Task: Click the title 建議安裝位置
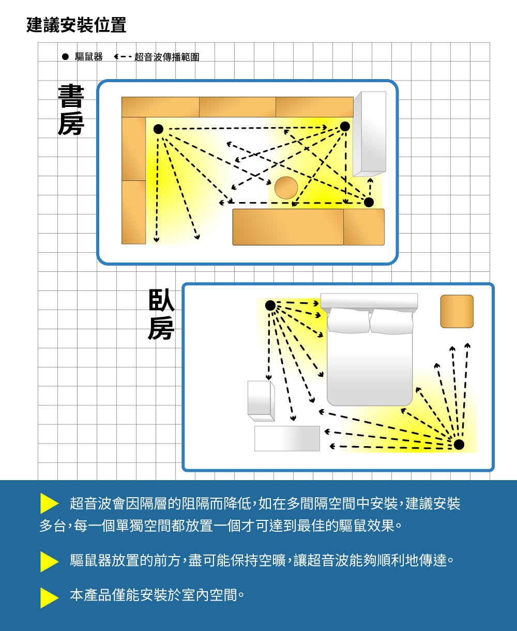(x=76, y=25)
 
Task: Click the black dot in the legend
(x=65, y=56)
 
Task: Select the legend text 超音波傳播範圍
(x=166, y=57)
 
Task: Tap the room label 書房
(x=71, y=110)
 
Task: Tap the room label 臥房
(x=161, y=314)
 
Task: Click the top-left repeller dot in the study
(x=158, y=129)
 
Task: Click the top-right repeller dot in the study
(x=345, y=127)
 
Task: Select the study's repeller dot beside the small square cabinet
(x=369, y=202)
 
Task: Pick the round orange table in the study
(x=285, y=187)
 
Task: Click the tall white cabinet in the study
(x=370, y=133)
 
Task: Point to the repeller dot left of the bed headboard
(x=270, y=305)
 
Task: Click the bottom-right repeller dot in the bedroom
(x=459, y=444)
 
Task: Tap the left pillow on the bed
(x=348, y=321)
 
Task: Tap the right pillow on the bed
(x=392, y=321)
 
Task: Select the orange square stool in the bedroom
(x=457, y=311)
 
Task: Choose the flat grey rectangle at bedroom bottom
(x=287, y=438)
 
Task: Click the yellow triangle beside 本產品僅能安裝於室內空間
(x=49, y=597)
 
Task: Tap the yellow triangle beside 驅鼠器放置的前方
(x=49, y=561)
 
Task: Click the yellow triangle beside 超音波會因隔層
(x=49, y=504)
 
